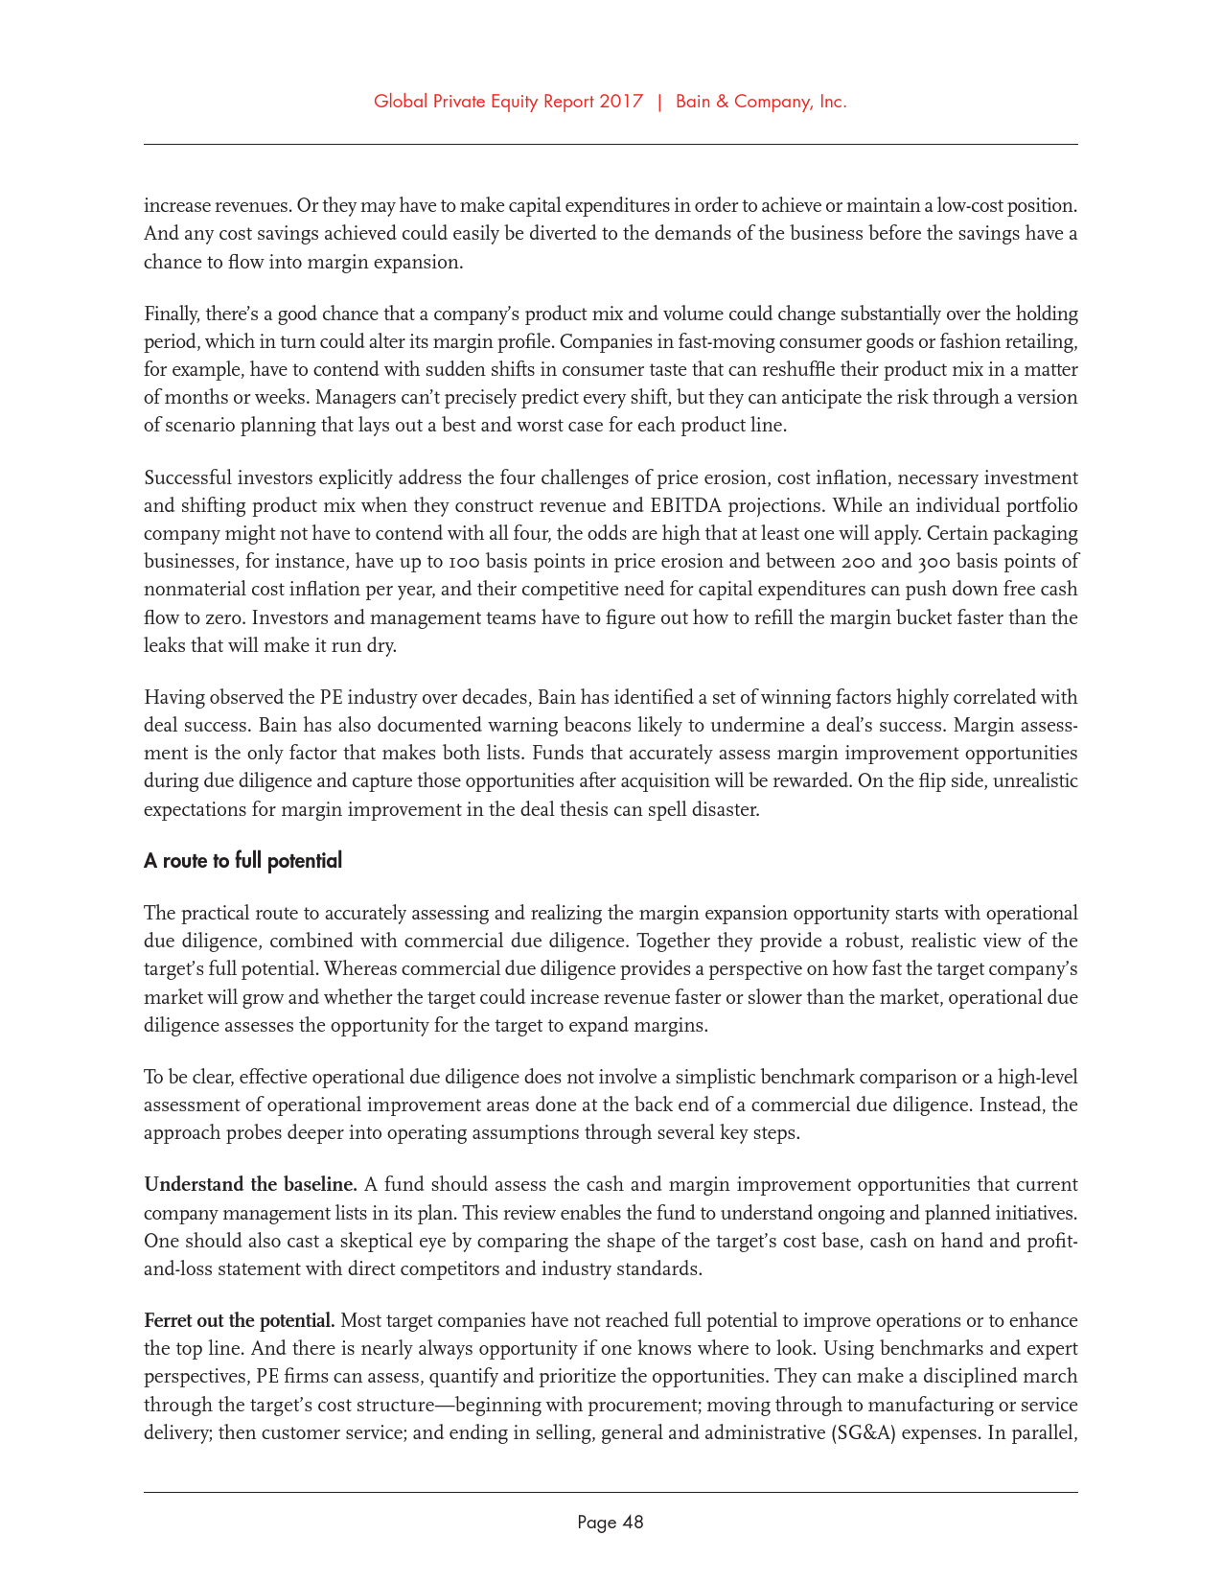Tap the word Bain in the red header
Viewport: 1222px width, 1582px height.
[694, 102]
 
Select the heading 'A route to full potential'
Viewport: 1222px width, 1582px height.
[242, 861]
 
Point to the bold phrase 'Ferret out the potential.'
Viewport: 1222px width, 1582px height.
[239, 1320]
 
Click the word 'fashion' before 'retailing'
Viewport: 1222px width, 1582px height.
[965, 341]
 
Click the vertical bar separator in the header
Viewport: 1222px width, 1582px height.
[659, 102]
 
